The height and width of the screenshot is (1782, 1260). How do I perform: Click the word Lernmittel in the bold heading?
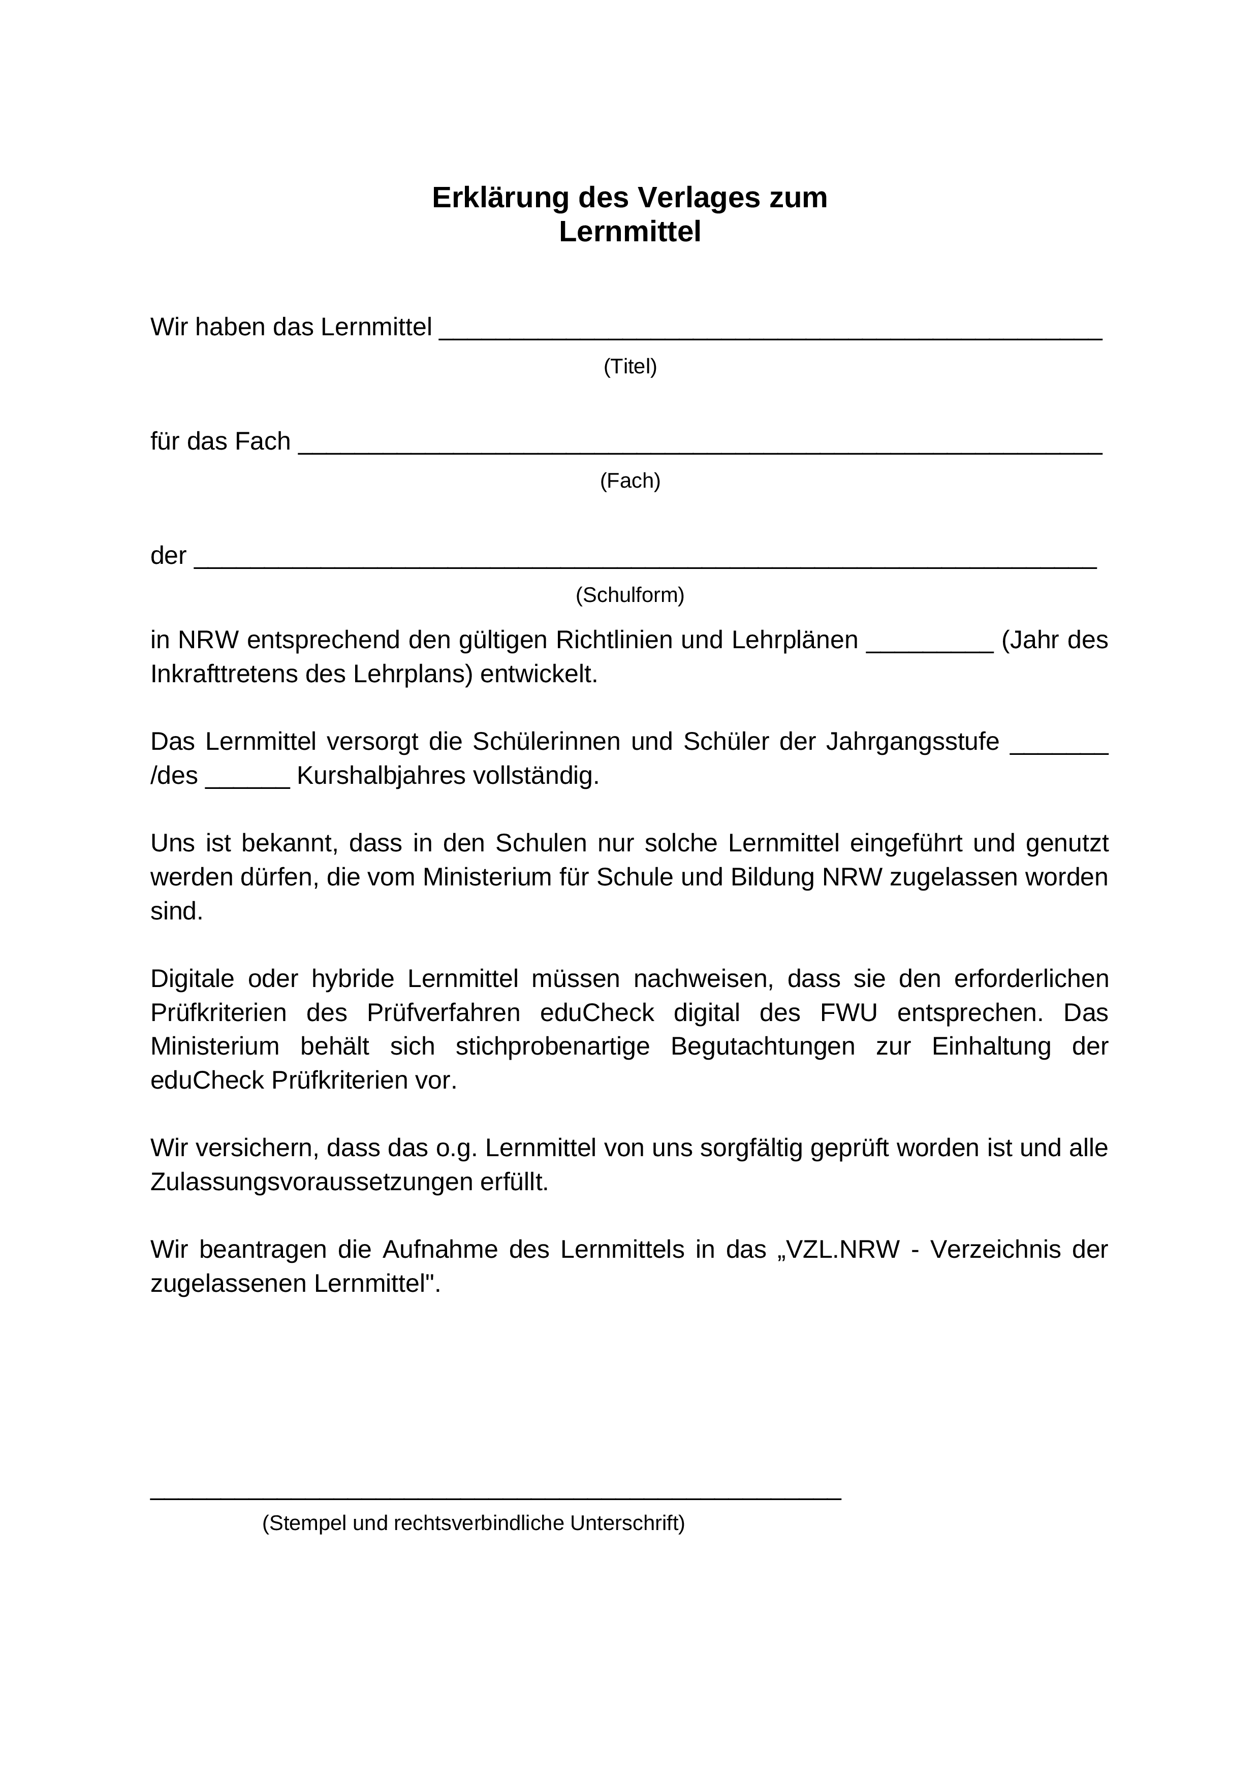click(x=629, y=232)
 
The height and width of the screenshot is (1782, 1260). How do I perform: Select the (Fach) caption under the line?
click(x=629, y=481)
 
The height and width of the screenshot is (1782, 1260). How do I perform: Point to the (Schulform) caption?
click(x=629, y=595)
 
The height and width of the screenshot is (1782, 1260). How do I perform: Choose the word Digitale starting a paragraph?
click(x=192, y=979)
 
